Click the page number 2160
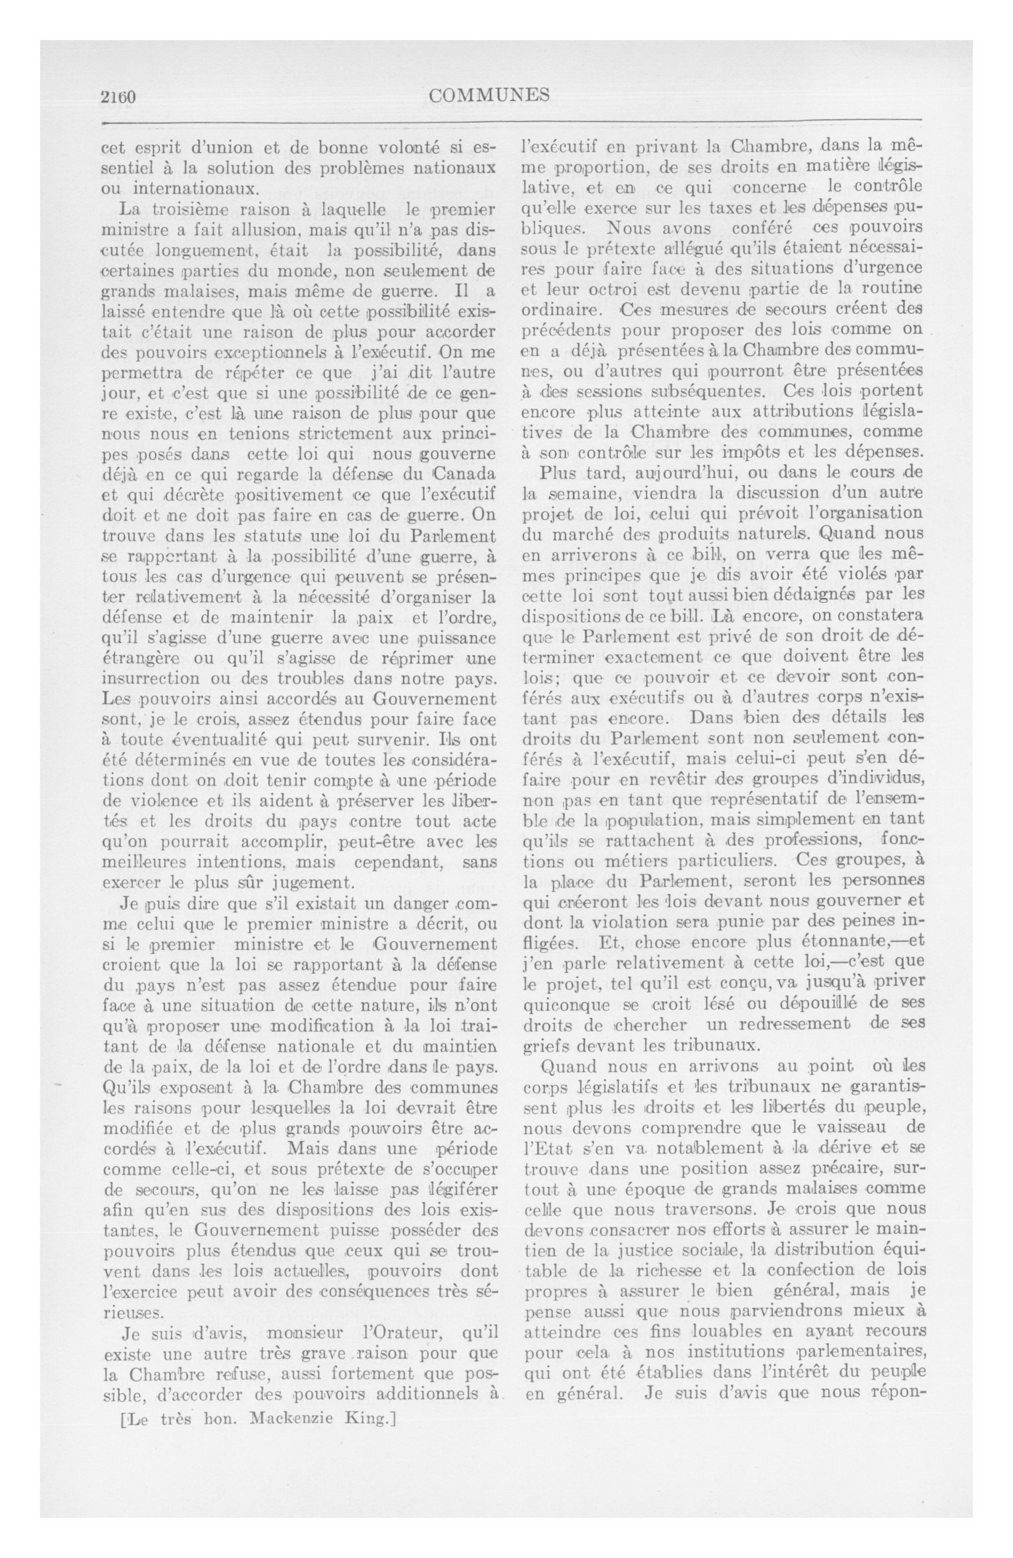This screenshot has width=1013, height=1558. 118,97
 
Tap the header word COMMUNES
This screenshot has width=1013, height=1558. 489,95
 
